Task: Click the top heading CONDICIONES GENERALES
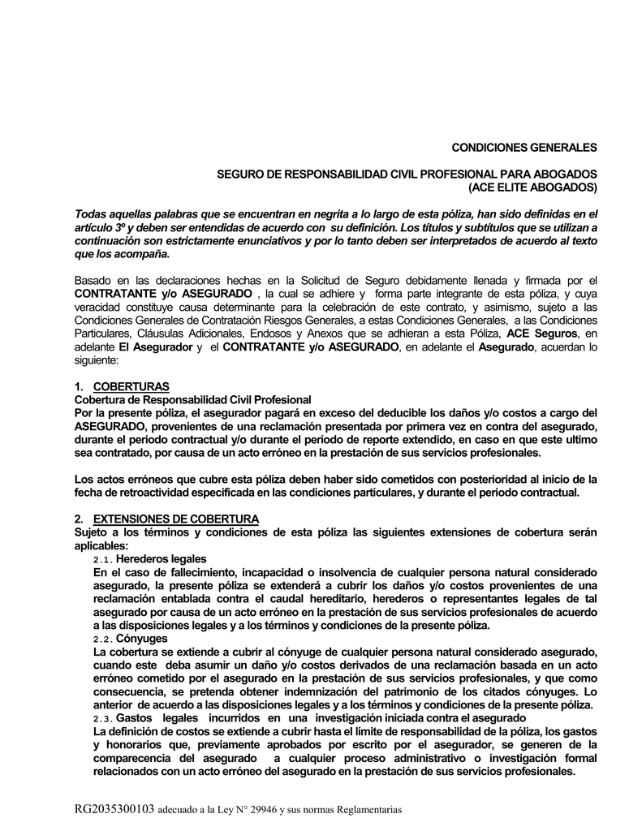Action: [x=524, y=148]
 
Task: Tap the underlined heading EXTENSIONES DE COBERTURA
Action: [x=176, y=519]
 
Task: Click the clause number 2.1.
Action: [x=104, y=559]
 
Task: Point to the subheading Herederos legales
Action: [x=161, y=559]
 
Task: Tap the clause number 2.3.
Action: [x=104, y=718]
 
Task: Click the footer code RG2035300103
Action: [x=114, y=809]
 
